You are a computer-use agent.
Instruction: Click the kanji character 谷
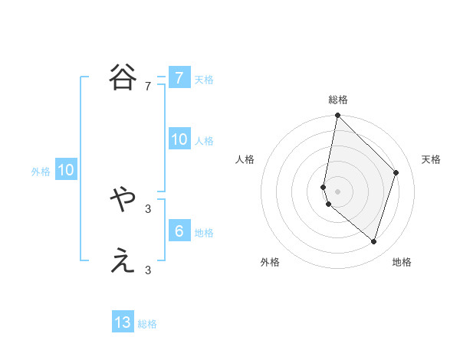[x=123, y=77]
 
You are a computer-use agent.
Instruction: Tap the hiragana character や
[x=123, y=201]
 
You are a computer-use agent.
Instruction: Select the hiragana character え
[x=123, y=262]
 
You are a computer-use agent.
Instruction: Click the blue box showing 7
[x=179, y=77]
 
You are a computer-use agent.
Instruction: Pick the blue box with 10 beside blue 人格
[x=179, y=139]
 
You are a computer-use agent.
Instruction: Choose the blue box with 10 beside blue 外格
[x=65, y=170]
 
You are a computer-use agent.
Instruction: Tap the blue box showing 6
[x=179, y=231]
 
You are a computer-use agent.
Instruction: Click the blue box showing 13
[x=123, y=322]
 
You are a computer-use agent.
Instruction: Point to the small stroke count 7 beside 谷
[x=147, y=87]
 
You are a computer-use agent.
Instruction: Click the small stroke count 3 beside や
[x=147, y=208]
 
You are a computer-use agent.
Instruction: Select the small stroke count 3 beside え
[x=147, y=270]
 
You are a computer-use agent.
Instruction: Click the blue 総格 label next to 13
[x=147, y=324]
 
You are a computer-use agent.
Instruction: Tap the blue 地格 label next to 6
[x=204, y=232]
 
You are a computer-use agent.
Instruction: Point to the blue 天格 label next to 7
[x=204, y=79]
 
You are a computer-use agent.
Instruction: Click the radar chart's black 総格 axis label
[x=337, y=100]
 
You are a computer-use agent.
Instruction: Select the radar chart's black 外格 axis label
[x=269, y=262]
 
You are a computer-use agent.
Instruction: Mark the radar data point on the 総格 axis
[x=337, y=116]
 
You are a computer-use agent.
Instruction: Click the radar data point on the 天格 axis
[x=396, y=172]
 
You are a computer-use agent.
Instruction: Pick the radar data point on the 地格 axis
[x=373, y=242]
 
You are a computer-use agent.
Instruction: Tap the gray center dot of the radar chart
[x=337, y=191]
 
